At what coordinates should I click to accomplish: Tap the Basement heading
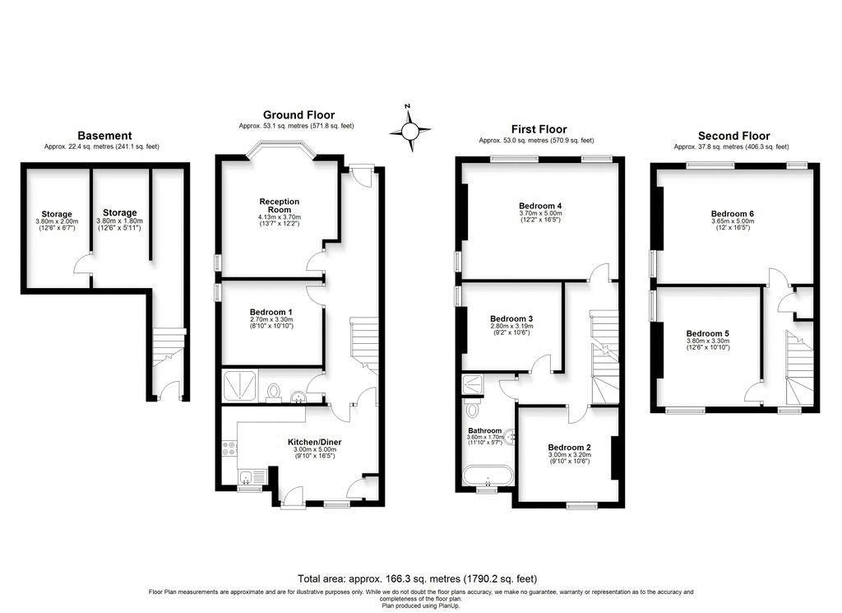click(x=104, y=136)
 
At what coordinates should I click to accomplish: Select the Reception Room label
click(x=280, y=206)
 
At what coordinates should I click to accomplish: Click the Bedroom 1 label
click(x=271, y=312)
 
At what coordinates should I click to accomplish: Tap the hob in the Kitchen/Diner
click(x=229, y=448)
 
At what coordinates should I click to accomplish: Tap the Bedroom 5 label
click(x=707, y=333)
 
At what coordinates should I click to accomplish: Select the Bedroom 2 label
click(x=569, y=448)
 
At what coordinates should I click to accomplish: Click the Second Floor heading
click(x=733, y=136)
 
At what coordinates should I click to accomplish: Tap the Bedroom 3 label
click(x=511, y=318)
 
